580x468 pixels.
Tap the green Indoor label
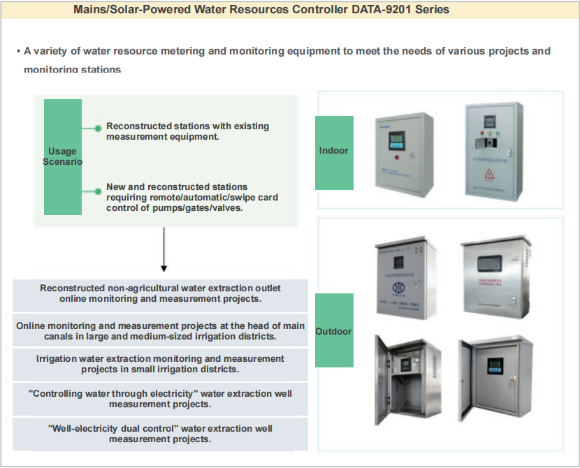click(x=334, y=151)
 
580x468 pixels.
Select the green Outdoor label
click(x=334, y=331)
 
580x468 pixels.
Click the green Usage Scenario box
click(x=63, y=156)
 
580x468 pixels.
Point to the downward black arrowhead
click(x=164, y=267)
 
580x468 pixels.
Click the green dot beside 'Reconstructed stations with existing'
click(x=98, y=129)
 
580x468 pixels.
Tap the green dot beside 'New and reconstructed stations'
click(x=98, y=190)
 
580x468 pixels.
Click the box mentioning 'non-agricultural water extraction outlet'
click(x=161, y=293)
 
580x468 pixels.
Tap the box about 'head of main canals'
click(x=161, y=330)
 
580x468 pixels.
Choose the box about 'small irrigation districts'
click(x=161, y=364)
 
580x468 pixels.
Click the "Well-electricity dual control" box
click(x=161, y=434)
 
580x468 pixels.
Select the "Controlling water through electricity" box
click(x=161, y=399)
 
